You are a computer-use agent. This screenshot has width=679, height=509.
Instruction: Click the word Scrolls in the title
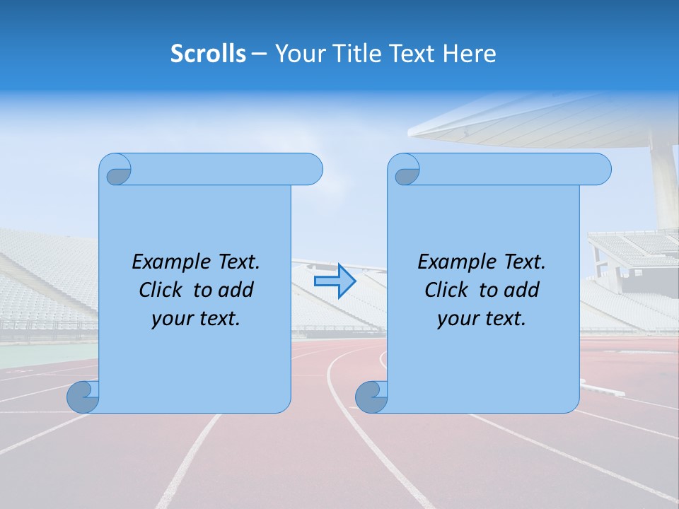208,54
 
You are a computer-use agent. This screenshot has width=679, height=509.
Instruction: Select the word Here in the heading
470,54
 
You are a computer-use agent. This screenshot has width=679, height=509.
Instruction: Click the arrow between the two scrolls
335,281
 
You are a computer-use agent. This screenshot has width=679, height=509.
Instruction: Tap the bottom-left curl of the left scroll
82,397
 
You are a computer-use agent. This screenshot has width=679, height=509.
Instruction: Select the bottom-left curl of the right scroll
370,397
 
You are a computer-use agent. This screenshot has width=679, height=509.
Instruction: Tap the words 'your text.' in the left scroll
196,319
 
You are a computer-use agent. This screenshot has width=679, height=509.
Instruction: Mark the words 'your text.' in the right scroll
482,319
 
